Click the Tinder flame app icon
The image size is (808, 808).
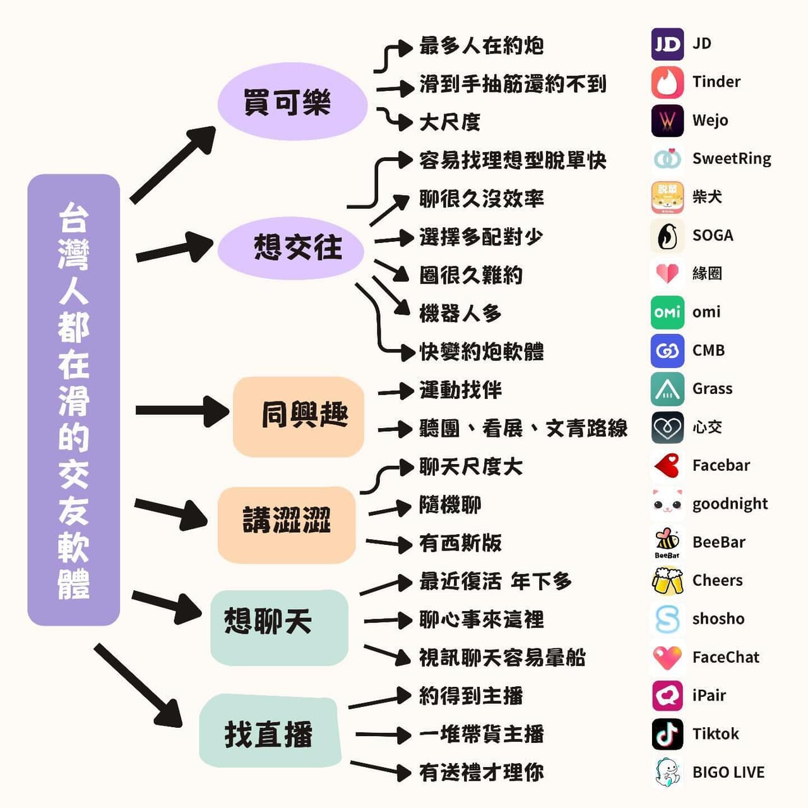(x=667, y=82)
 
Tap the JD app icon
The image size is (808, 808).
(x=667, y=44)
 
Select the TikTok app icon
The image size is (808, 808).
(x=667, y=734)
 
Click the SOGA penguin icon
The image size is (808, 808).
(x=667, y=236)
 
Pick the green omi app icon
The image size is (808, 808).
(x=667, y=312)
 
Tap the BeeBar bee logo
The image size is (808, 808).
(x=667, y=542)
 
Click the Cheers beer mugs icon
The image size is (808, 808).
(x=667, y=581)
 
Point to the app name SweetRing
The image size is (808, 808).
(x=732, y=159)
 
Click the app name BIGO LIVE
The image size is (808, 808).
(x=728, y=773)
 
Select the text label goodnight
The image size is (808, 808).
(x=730, y=504)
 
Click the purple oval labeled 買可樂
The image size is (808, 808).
(x=292, y=102)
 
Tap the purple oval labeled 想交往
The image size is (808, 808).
(x=290, y=248)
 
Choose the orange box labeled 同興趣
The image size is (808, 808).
(x=299, y=417)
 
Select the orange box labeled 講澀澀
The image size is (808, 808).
(x=287, y=525)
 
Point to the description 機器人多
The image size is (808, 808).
(x=460, y=314)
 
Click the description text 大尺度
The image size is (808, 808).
(x=449, y=122)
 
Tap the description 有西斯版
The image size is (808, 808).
(x=460, y=544)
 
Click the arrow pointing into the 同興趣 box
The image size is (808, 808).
(x=182, y=410)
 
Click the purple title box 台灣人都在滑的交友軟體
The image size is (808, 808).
(x=74, y=400)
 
